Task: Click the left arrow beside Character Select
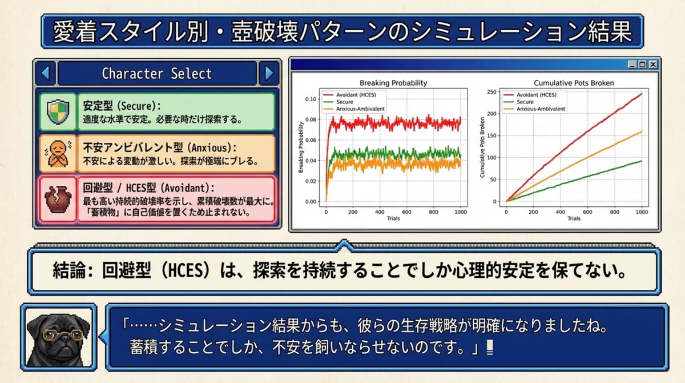[45, 73]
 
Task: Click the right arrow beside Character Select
[269, 73]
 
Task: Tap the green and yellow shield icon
[58, 111]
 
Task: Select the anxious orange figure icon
[58, 154]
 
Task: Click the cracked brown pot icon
[58, 200]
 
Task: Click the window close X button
[653, 64]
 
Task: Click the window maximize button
[643, 64]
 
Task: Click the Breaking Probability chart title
[393, 83]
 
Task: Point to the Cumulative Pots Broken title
[574, 83]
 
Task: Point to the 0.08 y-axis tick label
[311, 119]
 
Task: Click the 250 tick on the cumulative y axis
[491, 92]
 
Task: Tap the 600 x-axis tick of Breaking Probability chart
[406, 212]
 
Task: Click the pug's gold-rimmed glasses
[63, 334]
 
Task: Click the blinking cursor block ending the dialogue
[490, 348]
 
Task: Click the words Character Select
[156, 74]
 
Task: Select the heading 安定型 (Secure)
[122, 106]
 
